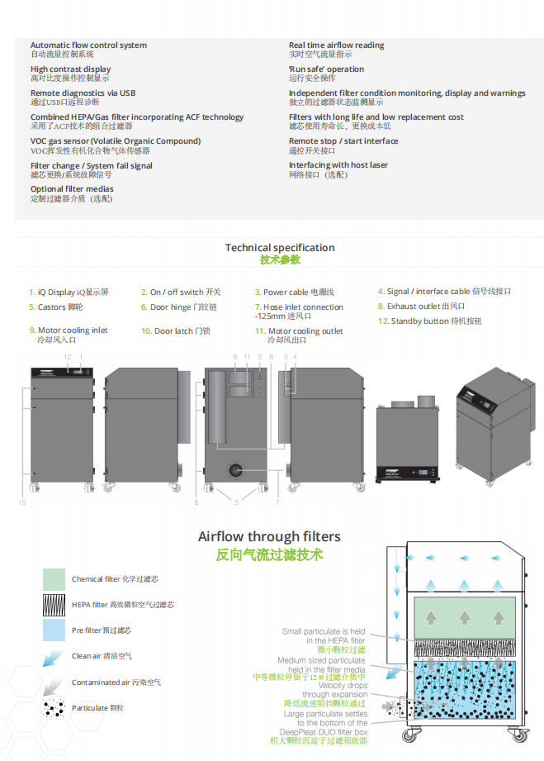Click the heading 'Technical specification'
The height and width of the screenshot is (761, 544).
pos(280,248)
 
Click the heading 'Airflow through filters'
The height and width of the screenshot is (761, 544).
pos(268,537)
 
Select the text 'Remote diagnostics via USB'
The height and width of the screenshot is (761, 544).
pos(83,93)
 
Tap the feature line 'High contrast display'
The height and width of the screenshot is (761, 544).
pos(70,69)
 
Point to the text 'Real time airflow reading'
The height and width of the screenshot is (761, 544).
pos(336,45)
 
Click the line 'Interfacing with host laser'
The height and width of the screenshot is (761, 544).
pos(338,165)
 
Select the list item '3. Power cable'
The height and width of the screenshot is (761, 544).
pos(293,293)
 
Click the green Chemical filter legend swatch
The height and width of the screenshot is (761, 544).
pos(54,579)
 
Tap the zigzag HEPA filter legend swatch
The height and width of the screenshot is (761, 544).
pos(54,605)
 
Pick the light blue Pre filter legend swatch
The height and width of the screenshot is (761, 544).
pos(54,630)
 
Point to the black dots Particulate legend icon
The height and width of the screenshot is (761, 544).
pos(54,708)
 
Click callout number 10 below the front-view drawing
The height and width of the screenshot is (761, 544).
pos(22,502)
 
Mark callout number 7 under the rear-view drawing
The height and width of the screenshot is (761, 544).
pos(277,502)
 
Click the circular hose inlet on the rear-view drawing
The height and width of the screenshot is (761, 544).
pos(236,470)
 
